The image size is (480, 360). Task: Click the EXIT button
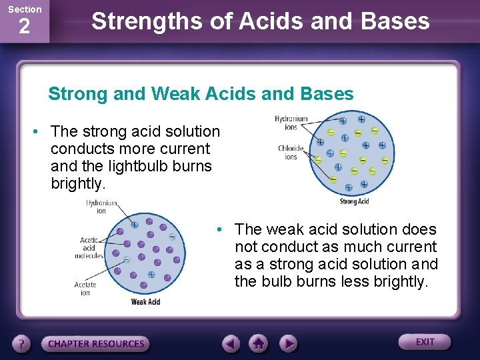[x=425, y=342]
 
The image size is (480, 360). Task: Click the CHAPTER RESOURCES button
[x=96, y=344]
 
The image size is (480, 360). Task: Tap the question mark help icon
[x=22, y=344]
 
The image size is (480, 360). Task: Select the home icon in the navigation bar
[x=259, y=344]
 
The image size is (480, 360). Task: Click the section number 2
[x=24, y=27]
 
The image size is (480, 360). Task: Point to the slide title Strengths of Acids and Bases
[x=260, y=21]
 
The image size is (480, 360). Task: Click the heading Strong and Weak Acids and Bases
[x=201, y=94]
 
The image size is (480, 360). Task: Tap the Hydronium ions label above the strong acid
[x=291, y=123]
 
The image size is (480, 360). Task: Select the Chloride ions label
[x=291, y=153]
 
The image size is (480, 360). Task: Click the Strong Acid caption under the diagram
[x=354, y=201]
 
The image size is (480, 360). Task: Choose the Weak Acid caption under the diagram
[x=145, y=302]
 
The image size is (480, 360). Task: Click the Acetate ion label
[x=85, y=289]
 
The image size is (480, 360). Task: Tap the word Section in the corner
[x=25, y=9]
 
